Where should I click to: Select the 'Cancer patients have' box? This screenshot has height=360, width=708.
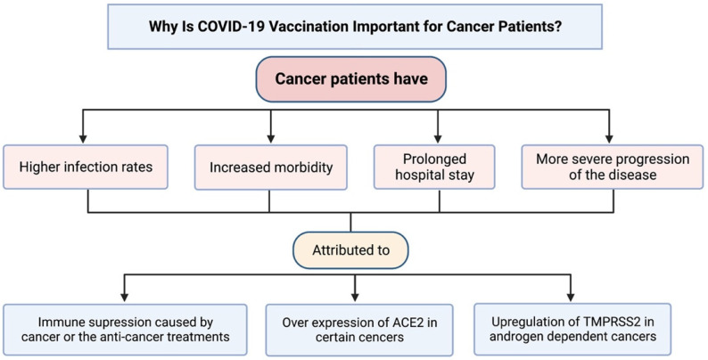[x=350, y=79]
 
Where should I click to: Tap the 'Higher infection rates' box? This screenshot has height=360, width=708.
[x=86, y=167]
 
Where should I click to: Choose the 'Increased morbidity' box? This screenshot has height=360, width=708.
[x=271, y=168]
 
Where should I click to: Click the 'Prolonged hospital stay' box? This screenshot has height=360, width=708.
[x=434, y=167]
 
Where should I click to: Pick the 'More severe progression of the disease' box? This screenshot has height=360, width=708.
[x=613, y=167]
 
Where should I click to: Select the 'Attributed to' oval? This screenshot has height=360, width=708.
[x=350, y=250]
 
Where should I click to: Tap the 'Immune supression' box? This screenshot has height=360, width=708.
[x=125, y=330]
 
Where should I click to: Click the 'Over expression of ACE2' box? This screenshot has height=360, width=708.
[x=359, y=330]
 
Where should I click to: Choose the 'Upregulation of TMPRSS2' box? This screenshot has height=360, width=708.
[x=572, y=330]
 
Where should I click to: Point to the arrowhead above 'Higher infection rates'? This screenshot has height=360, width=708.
[x=83, y=138]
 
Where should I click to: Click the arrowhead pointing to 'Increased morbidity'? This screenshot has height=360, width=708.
[x=271, y=138]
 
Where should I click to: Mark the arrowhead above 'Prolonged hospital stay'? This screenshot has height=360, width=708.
[x=437, y=138]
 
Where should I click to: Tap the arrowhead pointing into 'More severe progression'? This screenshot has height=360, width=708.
[x=609, y=138]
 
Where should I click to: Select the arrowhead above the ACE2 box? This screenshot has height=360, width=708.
[x=355, y=297]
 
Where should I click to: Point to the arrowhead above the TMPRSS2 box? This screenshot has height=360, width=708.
[x=571, y=297]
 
